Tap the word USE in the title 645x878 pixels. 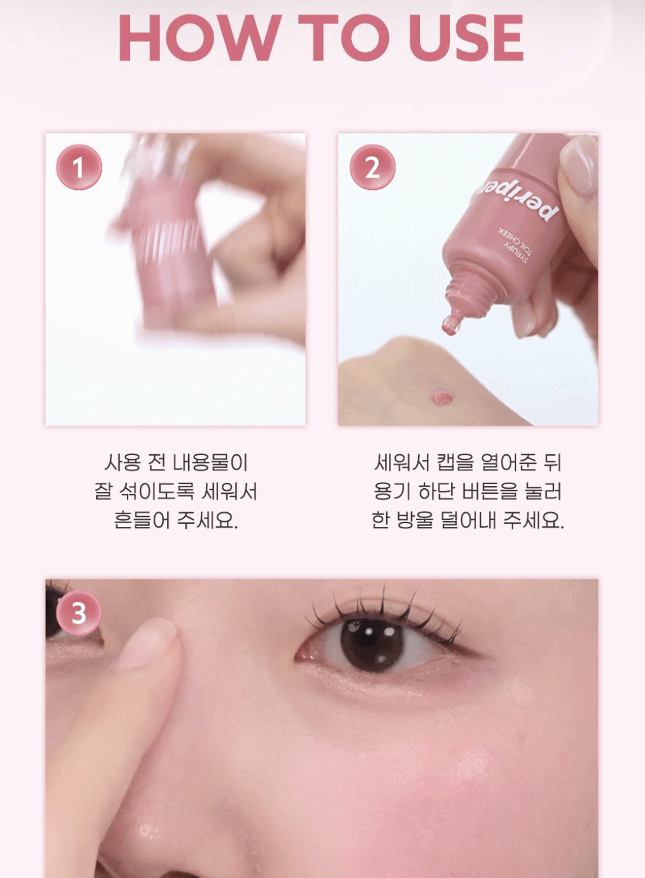[466, 38]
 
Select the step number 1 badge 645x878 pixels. [79, 168]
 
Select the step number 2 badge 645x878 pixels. [372, 168]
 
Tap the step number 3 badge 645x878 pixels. [79, 613]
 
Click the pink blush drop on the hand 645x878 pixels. [442, 397]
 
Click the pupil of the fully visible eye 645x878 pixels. [372, 645]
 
